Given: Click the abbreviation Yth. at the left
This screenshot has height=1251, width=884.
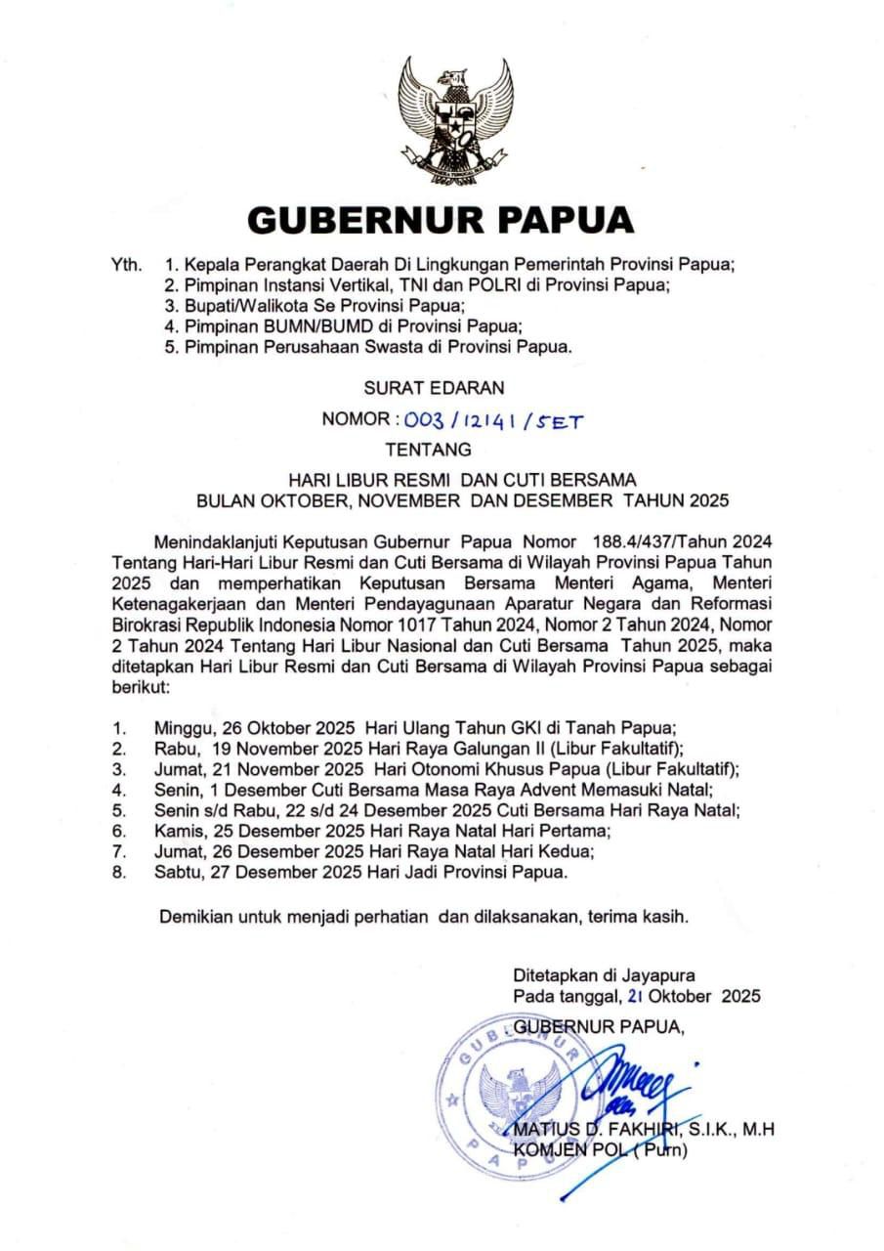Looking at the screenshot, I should tap(129, 265).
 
